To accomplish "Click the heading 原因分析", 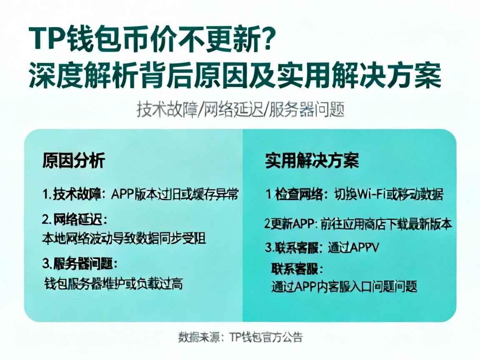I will click(x=73, y=160).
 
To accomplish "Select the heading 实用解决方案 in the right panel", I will click(x=312, y=160).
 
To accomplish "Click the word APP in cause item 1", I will click(x=122, y=194).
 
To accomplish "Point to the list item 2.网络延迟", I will click(x=74, y=219).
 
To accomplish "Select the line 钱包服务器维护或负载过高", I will click(x=113, y=284).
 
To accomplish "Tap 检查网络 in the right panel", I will click(x=299, y=194).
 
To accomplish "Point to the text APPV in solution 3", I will click(x=364, y=247).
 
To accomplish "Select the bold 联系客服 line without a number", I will click(x=297, y=267).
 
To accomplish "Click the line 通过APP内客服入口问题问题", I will click(x=344, y=287).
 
